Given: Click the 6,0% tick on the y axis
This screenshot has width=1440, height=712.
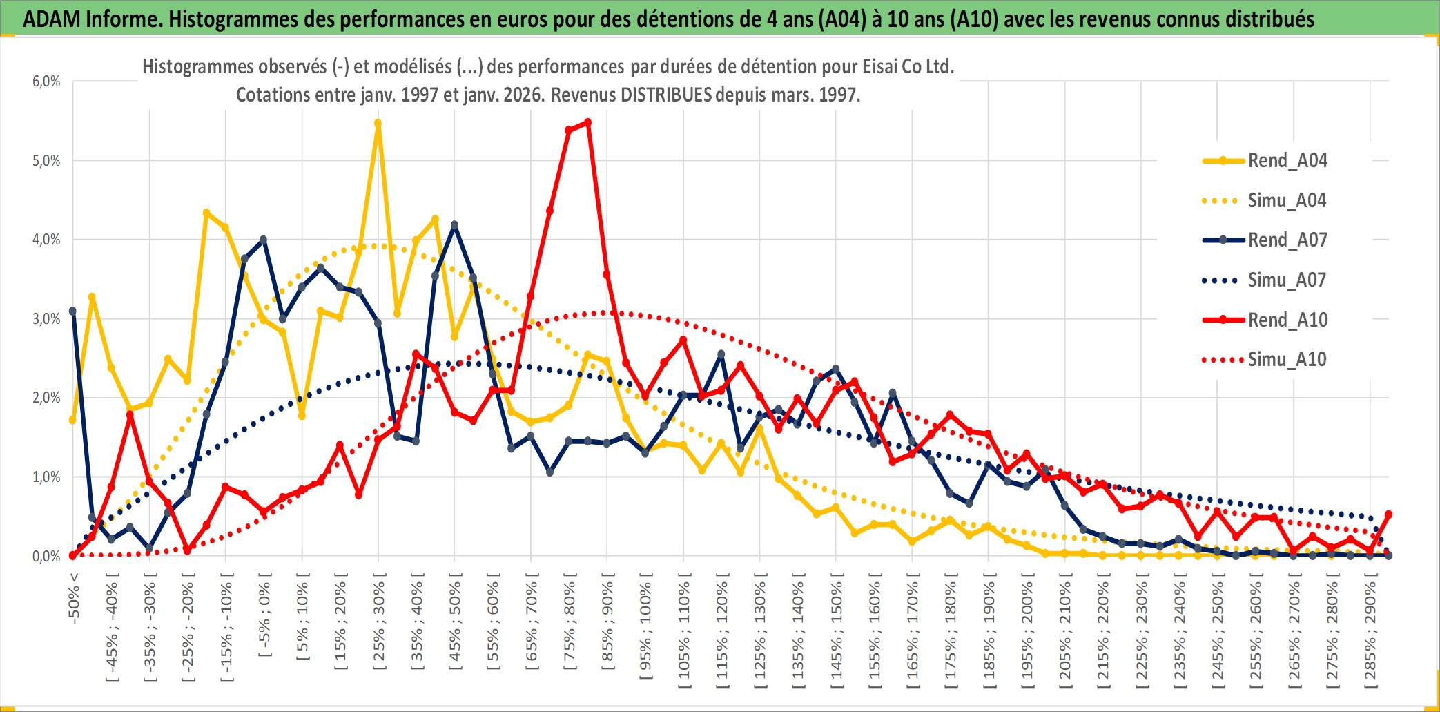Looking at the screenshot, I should click(x=46, y=81).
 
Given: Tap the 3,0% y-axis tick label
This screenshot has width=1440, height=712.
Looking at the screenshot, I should click(x=46, y=319).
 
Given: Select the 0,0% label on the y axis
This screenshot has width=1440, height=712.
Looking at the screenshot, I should click(x=46, y=557).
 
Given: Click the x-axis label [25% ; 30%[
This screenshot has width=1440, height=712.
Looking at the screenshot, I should click(x=379, y=625).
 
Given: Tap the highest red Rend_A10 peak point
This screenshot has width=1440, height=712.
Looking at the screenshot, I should click(x=587, y=122).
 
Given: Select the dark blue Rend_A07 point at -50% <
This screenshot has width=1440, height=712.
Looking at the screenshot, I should click(x=72, y=311).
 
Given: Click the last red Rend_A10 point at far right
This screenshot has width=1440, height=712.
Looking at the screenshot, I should click(x=1388, y=514).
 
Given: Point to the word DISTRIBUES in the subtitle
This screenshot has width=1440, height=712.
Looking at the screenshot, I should click(x=665, y=95).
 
